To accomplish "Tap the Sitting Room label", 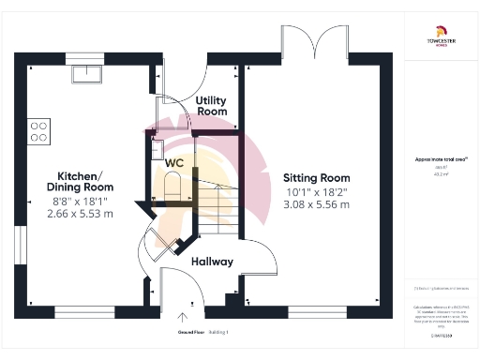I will (x=316, y=176).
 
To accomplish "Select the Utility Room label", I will (x=212, y=105).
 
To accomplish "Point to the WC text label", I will (x=174, y=162).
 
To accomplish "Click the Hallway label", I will (x=212, y=262).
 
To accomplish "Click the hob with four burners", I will (x=38, y=130).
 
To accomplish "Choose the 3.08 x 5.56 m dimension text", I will (x=316, y=204).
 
